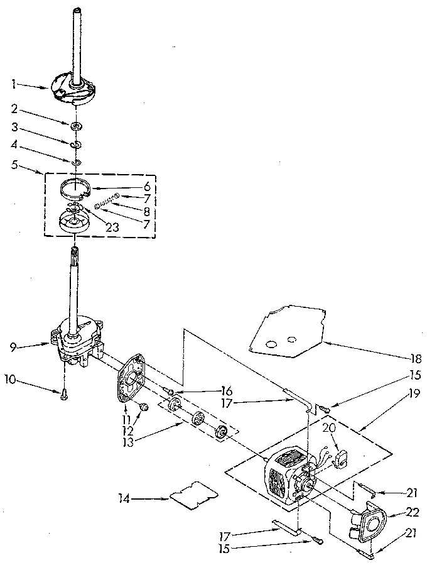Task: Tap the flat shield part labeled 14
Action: (x=190, y=492)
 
